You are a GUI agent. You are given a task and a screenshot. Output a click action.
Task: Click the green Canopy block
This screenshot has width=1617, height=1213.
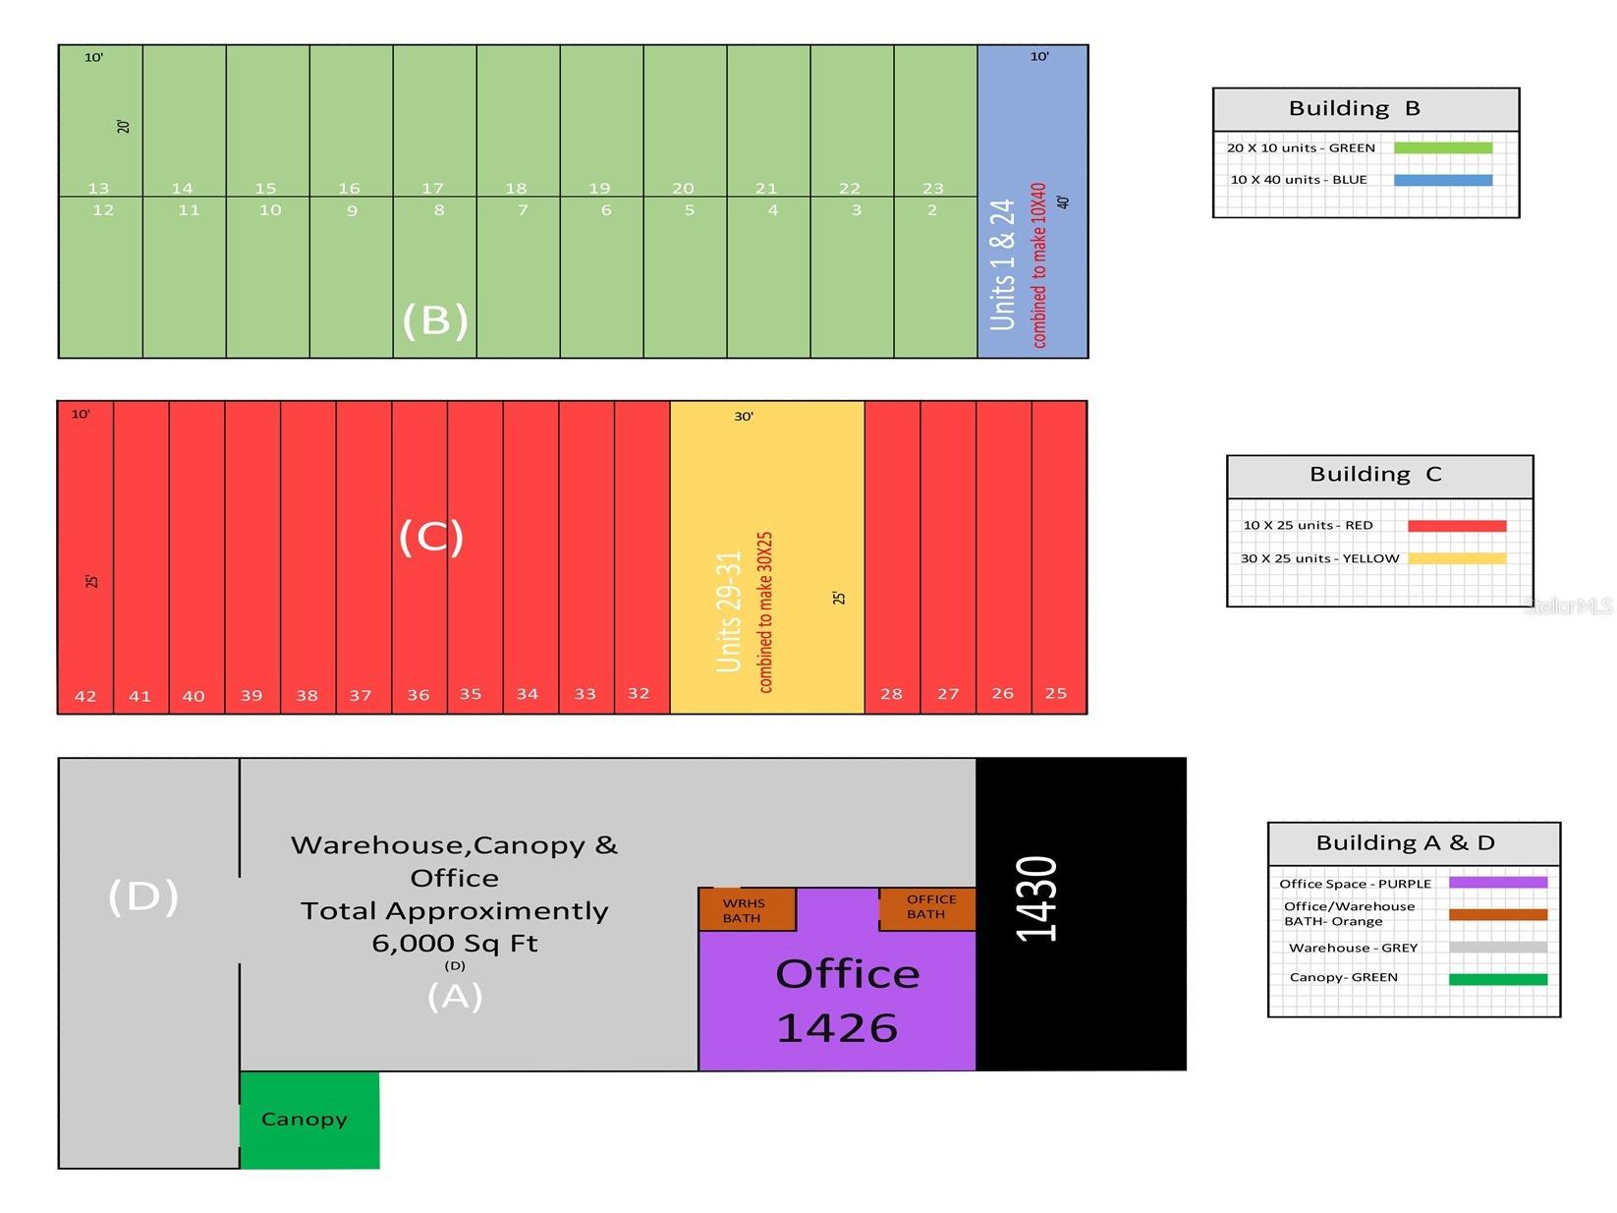[308, 1120]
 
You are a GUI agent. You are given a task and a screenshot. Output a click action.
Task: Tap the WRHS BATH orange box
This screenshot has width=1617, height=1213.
[747, 909]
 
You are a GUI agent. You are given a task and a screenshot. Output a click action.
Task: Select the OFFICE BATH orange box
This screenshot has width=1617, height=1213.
[927, 908]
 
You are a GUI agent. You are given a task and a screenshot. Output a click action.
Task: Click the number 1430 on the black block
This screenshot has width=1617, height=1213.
[1036, 898]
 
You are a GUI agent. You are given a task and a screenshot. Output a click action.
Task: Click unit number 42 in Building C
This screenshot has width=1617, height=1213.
[85, 696]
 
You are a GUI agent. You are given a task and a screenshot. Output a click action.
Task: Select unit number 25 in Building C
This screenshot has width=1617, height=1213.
[1056, 693]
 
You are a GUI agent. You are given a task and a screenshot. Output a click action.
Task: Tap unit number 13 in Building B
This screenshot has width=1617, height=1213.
[98, 188]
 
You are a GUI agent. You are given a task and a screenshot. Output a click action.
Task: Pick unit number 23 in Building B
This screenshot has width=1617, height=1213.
[933, 188]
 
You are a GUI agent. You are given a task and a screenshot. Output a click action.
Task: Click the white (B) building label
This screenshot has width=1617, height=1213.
[435, 319]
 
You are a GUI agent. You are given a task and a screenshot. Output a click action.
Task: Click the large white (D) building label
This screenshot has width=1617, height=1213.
[142, 896]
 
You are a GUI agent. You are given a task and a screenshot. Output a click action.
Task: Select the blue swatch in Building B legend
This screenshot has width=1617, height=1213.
[1443, 180]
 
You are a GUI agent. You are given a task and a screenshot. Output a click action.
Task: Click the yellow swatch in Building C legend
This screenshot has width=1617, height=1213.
[1457, 558]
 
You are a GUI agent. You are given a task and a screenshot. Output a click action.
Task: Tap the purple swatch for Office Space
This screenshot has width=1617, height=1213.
[1498, 882]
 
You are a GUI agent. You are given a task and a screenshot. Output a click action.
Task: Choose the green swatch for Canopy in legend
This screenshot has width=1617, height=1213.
[1498, 979]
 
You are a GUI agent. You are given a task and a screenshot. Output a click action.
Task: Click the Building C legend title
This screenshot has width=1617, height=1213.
[1375, 474]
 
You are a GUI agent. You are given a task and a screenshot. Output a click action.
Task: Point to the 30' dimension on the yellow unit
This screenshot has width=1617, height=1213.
[744, 417]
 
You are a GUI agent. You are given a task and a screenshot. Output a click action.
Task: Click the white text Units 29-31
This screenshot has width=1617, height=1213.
[728, 611]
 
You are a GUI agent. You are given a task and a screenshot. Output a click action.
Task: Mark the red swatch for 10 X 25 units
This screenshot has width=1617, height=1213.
[1457, 526]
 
